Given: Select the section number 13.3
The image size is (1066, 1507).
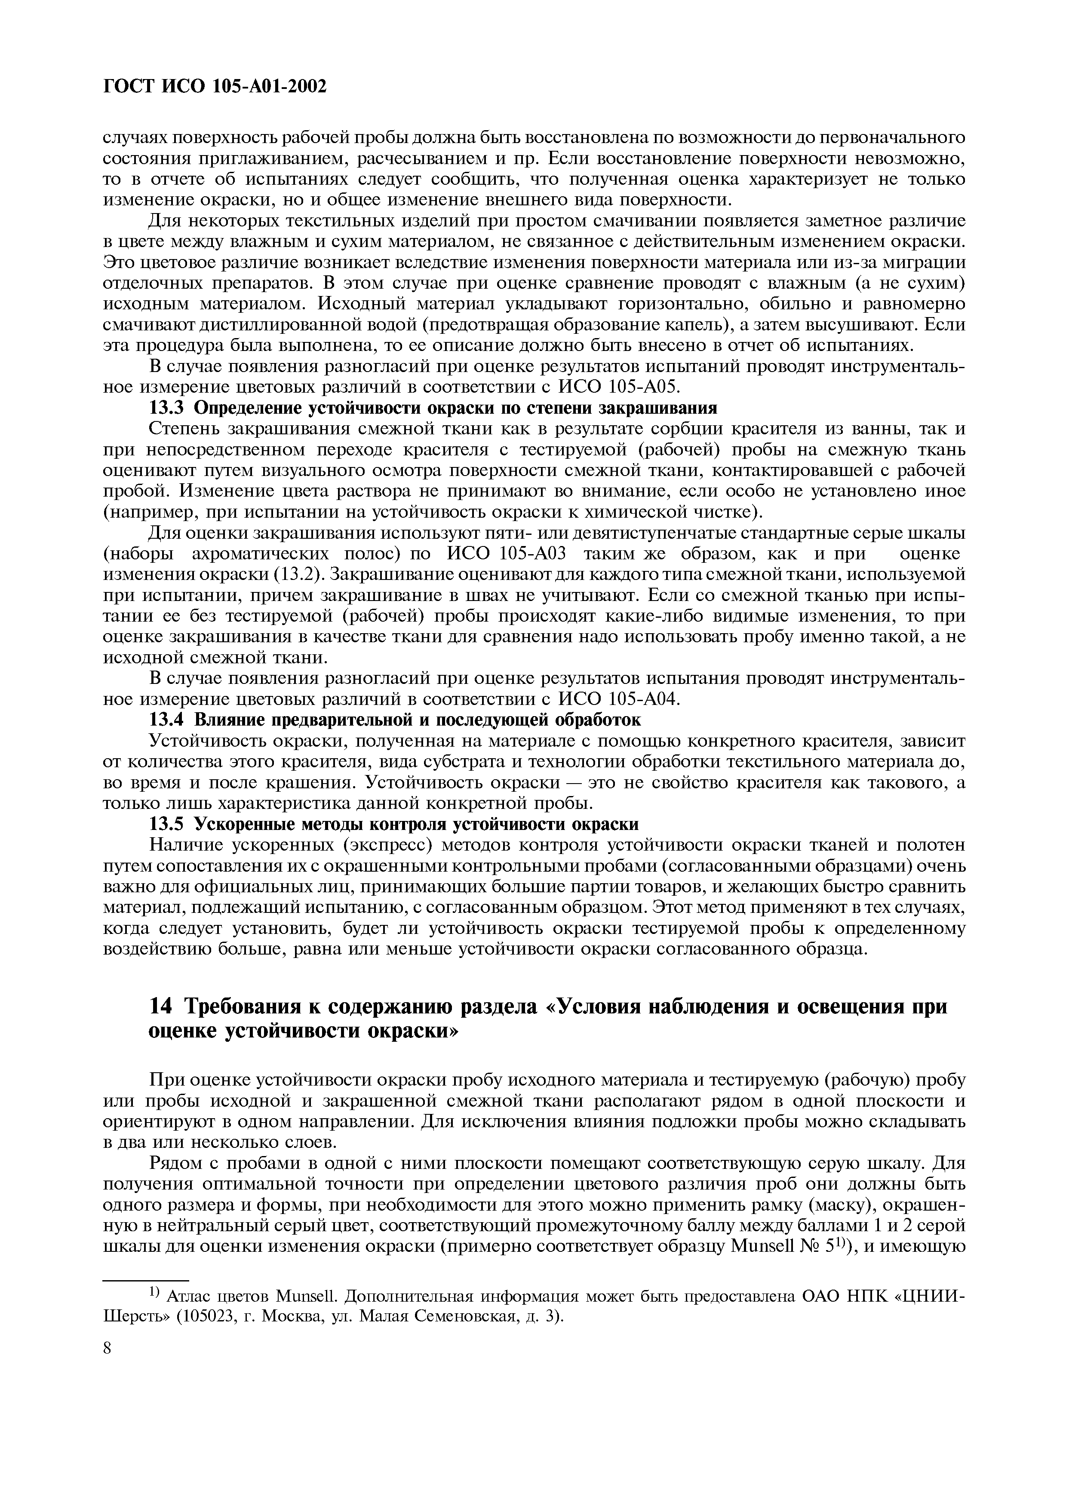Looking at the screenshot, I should pos(168,408).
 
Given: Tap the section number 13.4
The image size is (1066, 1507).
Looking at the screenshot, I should pos(168,720).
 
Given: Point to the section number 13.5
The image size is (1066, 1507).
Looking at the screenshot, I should pos(168,824).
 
